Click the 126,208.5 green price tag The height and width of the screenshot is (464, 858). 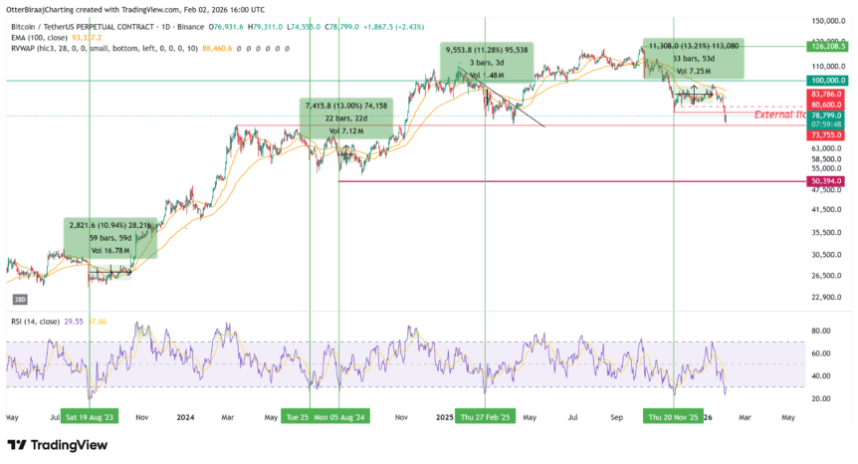pos(828,45)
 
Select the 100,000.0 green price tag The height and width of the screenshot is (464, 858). pos(828,80)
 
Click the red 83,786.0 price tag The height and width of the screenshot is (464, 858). pos(826,95)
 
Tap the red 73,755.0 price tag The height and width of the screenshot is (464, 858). pos(826,133)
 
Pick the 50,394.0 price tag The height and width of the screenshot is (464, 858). pos(826,181)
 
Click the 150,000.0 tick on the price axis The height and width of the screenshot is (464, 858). pos(828,21)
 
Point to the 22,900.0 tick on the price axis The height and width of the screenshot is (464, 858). pos(828,297)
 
